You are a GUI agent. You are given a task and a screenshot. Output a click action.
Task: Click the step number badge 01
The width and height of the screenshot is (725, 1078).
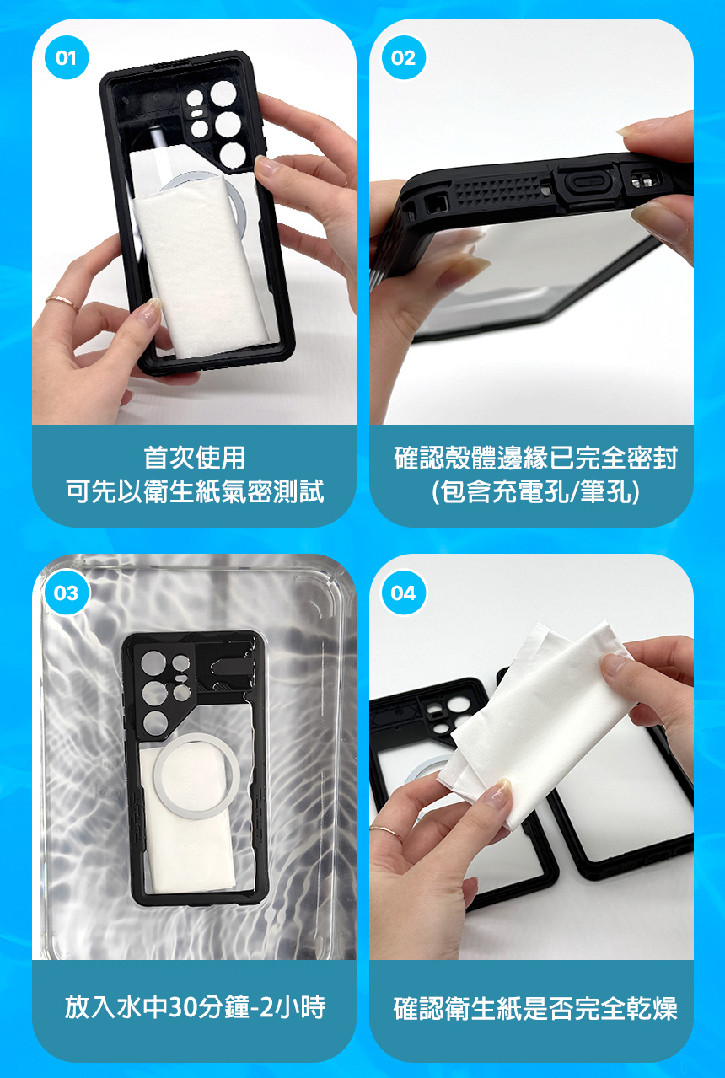(x=67, y=58)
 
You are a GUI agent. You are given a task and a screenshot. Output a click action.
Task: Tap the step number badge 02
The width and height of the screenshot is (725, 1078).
(x=404, y=58)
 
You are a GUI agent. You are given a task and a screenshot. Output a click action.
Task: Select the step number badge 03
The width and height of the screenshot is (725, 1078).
(x=67, y=593)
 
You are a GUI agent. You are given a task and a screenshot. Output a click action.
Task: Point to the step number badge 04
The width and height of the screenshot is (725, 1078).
(x=404, y=593)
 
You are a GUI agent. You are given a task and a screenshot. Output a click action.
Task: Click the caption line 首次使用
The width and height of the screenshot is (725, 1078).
(x=195, y=458)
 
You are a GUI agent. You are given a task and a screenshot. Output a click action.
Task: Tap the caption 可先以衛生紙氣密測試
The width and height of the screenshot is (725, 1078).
(x=195, y=492)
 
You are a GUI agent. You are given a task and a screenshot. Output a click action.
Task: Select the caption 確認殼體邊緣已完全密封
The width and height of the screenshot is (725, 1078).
(x=535, y=458)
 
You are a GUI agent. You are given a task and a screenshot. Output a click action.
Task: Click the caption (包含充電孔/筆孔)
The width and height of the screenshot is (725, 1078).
(x=535, y=492)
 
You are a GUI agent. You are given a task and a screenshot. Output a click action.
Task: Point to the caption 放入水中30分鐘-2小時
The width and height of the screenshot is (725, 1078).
(x=195, y=1007)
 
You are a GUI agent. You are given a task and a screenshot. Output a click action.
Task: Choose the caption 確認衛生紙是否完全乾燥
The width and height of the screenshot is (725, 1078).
(x=535, y=1007)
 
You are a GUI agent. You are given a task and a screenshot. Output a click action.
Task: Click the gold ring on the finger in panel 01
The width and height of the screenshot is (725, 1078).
(x=62, y=303)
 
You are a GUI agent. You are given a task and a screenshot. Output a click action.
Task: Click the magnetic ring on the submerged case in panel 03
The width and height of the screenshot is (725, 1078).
(x=196, y=775)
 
